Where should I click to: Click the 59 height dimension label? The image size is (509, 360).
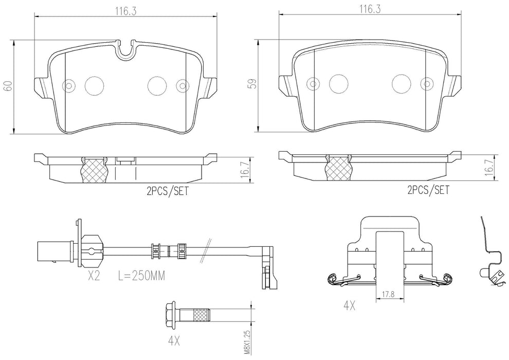pyautogui.click(x=253, y=83)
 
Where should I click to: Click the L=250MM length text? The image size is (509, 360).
pyautogui.click(x=141, y=276)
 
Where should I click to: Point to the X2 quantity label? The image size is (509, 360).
pyautogui.click(x=94, y=276)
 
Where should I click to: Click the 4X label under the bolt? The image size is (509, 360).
pyautogui.click(x=174, y=341)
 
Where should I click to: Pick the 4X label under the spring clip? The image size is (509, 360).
pyautogui.click(x=349, y=305)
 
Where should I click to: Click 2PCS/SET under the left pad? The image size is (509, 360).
pyautogui.click(x=168, y=191)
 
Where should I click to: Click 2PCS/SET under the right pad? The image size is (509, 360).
pyautogui.click(x=428, y=190)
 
